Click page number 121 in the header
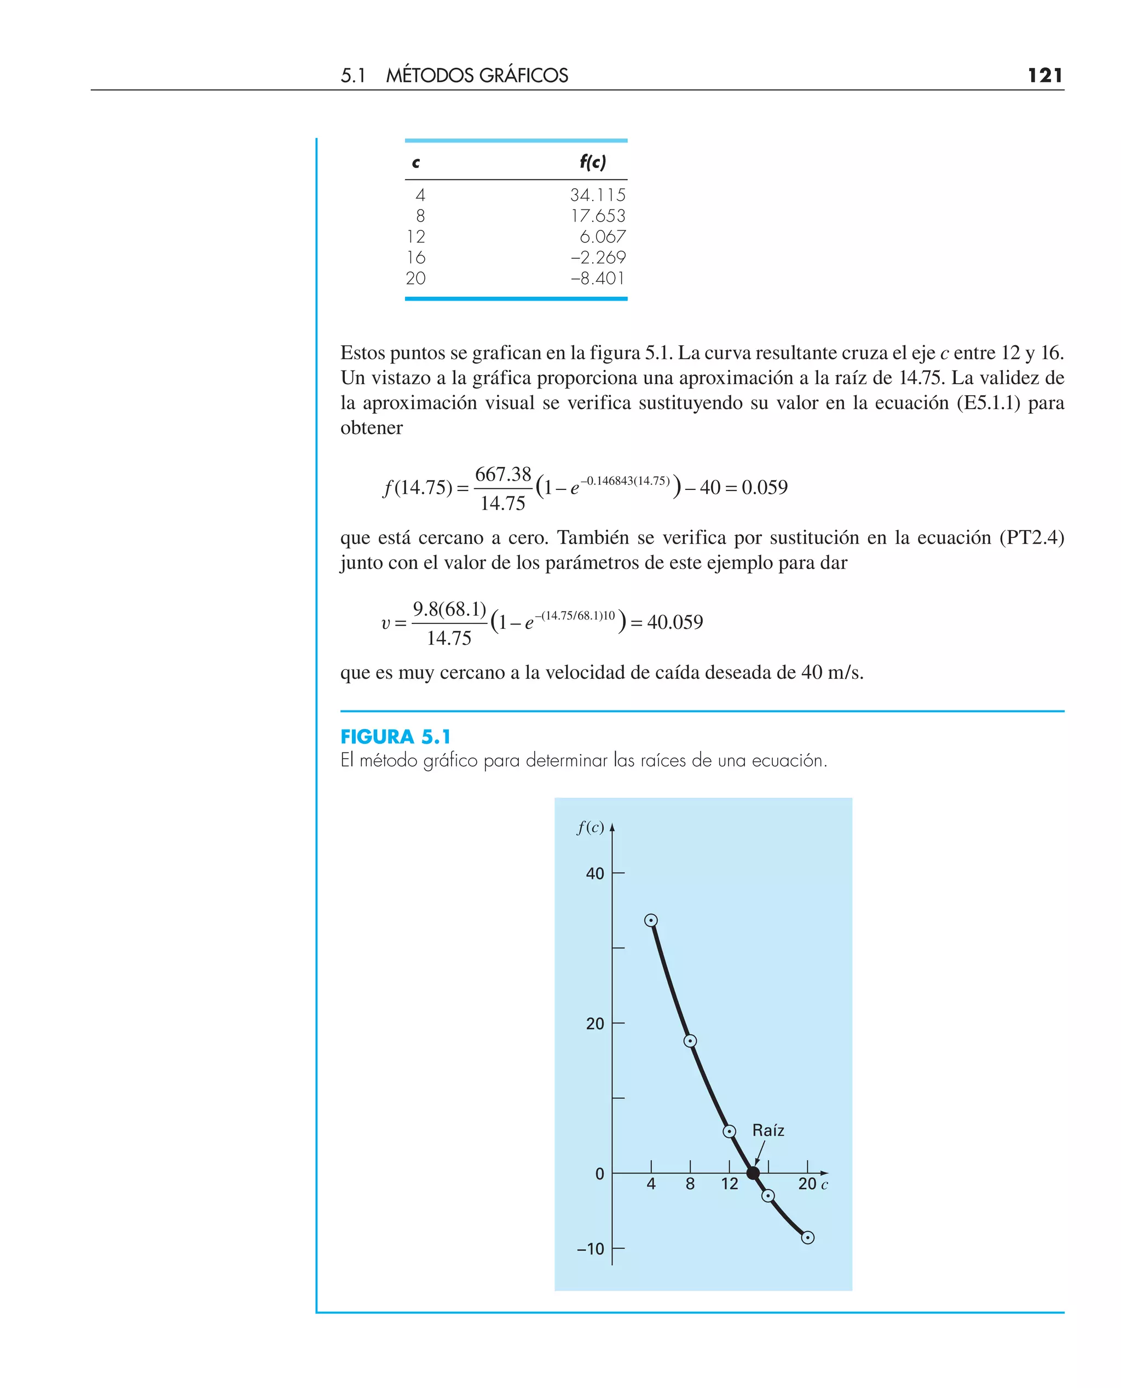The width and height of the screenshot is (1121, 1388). (x=1044, y=76)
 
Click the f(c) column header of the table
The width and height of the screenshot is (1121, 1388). (x=592, y=162)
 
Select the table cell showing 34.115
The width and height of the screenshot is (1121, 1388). (x=597, y=195)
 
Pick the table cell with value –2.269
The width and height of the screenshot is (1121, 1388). (x=598, y=258)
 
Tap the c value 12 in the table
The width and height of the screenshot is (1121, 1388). (x=416, y=237)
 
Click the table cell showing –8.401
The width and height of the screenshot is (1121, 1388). (x=598, y=278)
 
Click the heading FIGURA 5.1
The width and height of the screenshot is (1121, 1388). (x=395, y=737)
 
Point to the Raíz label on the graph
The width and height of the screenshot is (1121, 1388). (x=768, y=1130)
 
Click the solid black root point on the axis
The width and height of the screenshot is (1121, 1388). (x=753, y=1173)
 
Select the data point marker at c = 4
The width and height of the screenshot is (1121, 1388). (x=651, y=921)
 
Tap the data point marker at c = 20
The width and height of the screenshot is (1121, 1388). (x=807, y=1237)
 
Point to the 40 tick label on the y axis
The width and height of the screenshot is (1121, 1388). (x=595, y=874)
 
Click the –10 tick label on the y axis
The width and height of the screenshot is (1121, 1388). (x=590, y=1249)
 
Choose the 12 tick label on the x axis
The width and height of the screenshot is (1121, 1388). (x=730, y=1184)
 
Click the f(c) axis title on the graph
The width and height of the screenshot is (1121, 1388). (x=590, y=828)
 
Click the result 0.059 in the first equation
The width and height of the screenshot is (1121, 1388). (x=765, y=488)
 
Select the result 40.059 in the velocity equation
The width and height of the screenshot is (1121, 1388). (x=675, y=622)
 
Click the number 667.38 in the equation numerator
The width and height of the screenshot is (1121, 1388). (x=503, y=474)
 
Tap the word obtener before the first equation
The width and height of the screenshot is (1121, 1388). (x=371, y=428)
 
